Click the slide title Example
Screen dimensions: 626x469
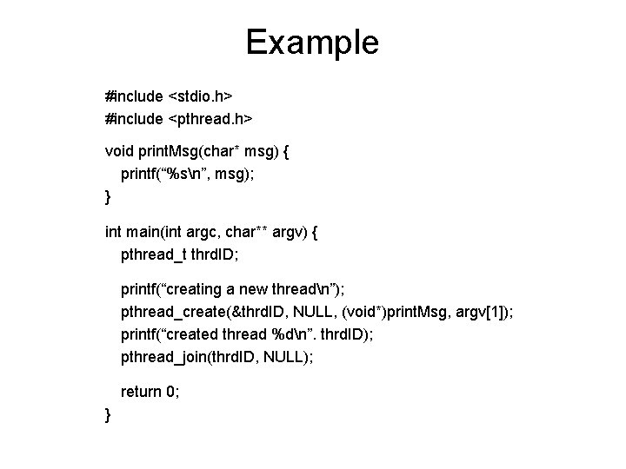click(x=312, y=42)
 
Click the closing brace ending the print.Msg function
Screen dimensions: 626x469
click(x=107, y=198)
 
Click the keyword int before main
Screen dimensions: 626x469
click(x=113, y=232)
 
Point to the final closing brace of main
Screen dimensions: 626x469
click(x=107, y=415)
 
